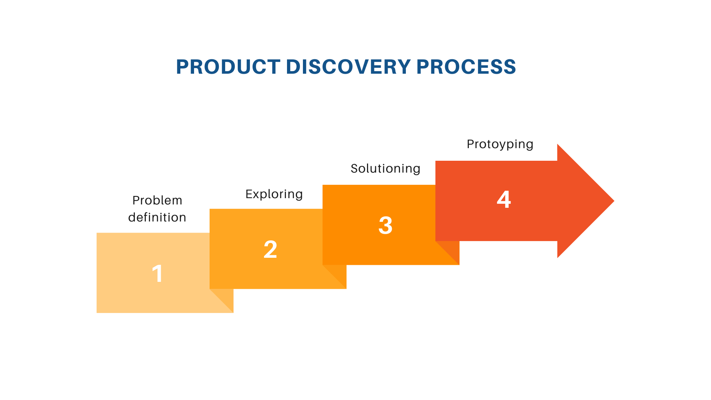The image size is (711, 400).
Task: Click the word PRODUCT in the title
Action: (228, 67)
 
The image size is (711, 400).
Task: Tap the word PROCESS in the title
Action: (466, 67)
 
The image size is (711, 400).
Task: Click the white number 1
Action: (157, 274)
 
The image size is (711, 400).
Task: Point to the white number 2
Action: (270, 249)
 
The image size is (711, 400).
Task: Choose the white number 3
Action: (385, 225)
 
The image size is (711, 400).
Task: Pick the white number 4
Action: (504, 199)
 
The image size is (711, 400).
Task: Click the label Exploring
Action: (274, 194)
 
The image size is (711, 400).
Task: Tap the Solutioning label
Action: (385, 169)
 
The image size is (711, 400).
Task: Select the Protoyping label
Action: (500, 144)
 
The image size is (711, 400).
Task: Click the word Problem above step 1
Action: (157, 200)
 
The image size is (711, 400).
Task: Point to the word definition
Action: (157, 217)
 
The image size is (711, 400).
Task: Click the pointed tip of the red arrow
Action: (614, 201)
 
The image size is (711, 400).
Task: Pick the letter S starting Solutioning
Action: (355, 169)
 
